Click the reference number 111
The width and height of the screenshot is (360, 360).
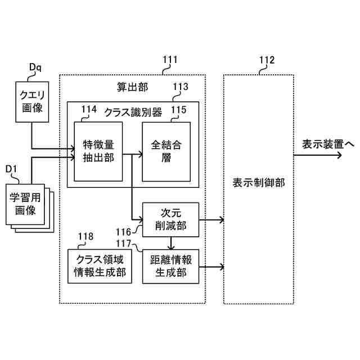tap(170, 60)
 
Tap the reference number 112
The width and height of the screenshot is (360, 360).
tap(267, 60)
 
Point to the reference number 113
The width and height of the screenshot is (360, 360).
tap(181, 87)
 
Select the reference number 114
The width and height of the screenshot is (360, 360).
tap(89, 109)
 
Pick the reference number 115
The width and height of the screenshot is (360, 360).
tap(179, 110)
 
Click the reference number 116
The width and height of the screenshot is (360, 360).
tap(123, 232)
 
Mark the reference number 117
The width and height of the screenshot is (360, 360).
tap(123, 244)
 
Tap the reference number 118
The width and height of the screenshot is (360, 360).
tap(85, 236)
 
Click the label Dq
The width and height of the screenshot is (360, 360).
tap(35, 67)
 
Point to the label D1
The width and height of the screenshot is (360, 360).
tap(11, 169)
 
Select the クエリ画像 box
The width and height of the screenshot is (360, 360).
tap(32, 102)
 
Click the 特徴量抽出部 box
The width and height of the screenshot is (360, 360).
tap(98, 151)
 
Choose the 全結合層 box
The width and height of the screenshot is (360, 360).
tap(166, 151)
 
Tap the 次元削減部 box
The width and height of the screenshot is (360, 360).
tap(170, 220)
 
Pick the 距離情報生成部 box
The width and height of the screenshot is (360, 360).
tap(170, 267)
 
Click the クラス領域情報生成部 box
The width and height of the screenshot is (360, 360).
tap(100, 266)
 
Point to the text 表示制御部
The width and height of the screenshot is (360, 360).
tap(259, 183)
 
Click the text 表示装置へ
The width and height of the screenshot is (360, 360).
tap(328, 145)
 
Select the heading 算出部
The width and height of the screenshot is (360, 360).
tap(133, 87)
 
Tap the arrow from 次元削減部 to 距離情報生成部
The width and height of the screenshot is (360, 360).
tap(171, 243)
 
